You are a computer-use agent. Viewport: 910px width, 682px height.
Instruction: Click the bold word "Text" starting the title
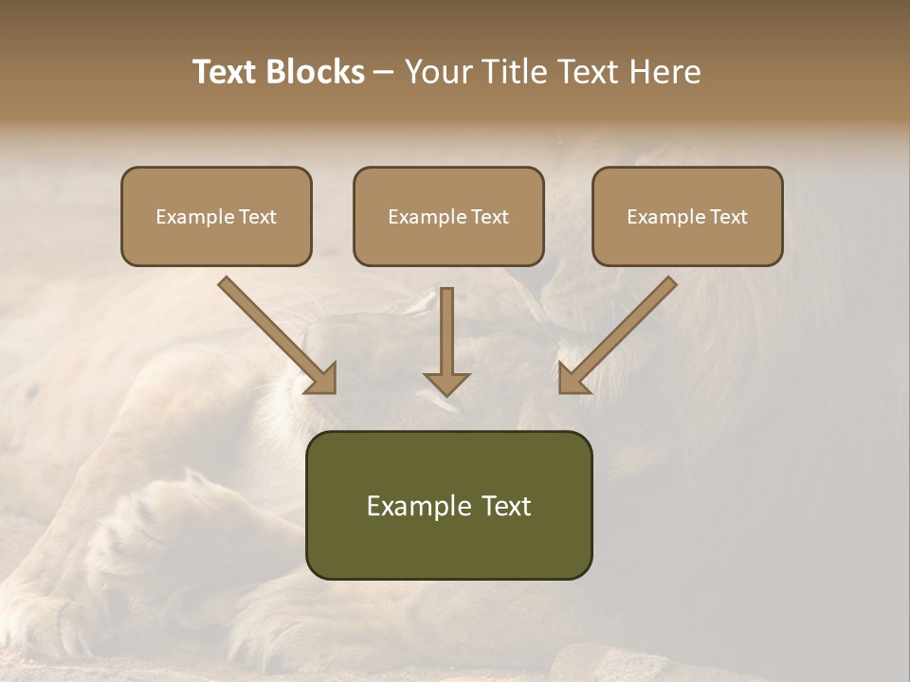(x=228, y=72)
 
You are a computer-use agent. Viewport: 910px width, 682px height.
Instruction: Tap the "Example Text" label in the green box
(x=448, y=506)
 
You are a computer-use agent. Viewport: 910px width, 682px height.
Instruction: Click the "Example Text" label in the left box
(x=216, y=217)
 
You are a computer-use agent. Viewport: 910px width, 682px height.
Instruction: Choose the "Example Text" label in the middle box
(x=448, y=217)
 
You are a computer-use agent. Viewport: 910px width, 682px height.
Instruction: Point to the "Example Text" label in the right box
(x=687, y=217)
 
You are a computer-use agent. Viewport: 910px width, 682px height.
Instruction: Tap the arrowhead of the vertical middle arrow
(x=446, y=384)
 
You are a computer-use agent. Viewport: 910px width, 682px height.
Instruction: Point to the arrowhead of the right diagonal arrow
(x=572, y=380)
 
